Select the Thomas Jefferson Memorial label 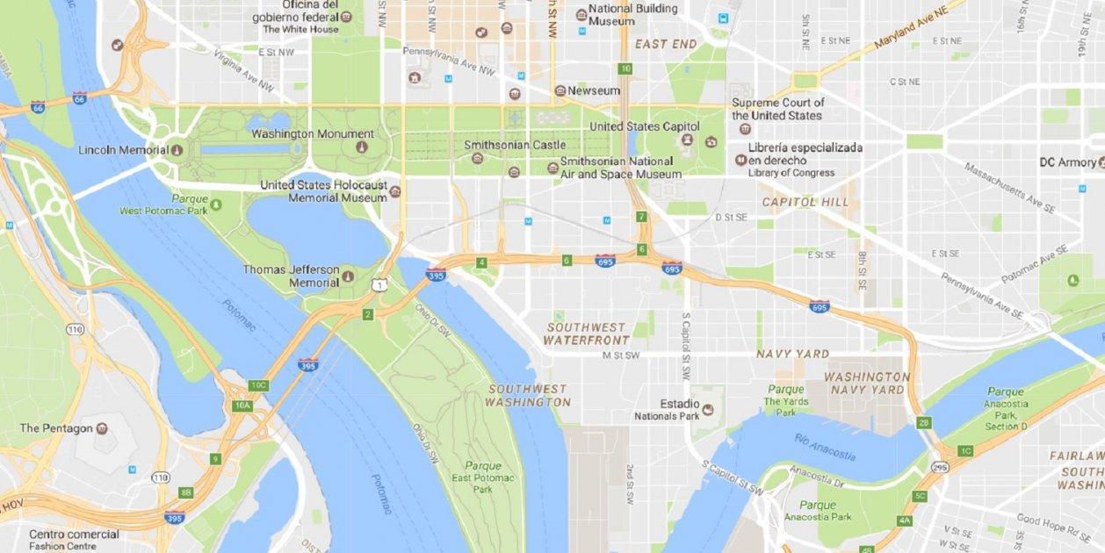pos(291,276)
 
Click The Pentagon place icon pos(103,428)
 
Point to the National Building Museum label pos(632,15)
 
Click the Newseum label pos(594,90)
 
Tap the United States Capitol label pos(645,126)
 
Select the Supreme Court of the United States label pos(778,109)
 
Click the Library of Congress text pos(791,173)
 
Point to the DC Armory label pos(1067,162)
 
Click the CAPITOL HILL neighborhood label pos(805,202)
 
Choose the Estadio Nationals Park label pos(680,410)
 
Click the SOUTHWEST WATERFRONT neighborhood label pos(586,334)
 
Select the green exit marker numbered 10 pos(625,68)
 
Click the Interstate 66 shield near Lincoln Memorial pos(80,98)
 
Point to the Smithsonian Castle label pos(515,145)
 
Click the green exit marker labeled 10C pos(257,385)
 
